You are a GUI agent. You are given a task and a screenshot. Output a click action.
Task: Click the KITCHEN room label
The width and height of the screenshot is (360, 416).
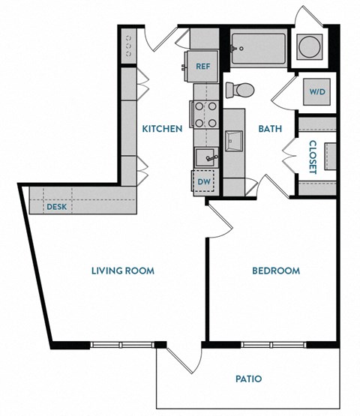click(x=162, y=128)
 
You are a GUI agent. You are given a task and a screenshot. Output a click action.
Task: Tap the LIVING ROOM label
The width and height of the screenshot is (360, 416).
click(x=122, y=270)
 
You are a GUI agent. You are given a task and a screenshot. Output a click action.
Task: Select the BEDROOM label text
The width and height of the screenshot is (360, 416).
click(x=275, y=271)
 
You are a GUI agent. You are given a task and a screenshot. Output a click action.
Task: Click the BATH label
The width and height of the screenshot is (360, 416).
click(x=270, y=128)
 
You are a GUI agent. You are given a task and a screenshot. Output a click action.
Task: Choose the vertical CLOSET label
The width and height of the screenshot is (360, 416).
click(x=311, y=157)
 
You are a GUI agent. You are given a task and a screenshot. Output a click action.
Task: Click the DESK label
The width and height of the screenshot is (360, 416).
click(x=56, y=206)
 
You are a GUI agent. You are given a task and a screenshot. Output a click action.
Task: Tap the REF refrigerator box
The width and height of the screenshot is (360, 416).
click(x=202, y=66)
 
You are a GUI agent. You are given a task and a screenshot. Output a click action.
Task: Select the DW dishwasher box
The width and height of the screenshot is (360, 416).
click(x=203, y=181)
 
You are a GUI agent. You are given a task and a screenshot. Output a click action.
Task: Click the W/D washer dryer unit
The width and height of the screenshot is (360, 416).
click(x=317, y=93)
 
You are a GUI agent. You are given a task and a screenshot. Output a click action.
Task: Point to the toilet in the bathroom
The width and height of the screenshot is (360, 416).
click(x=241, y=89)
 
